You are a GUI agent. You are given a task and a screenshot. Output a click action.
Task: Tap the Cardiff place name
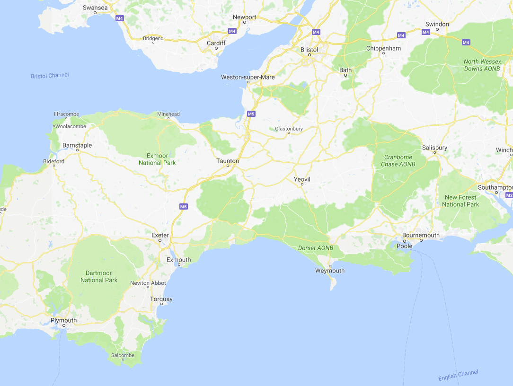point(216,43)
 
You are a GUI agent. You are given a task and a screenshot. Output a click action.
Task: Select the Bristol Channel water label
point(50,76)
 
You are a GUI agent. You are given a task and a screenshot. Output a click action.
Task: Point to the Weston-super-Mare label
point(248,77)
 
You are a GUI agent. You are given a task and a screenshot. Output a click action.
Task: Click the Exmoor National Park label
point(157,159)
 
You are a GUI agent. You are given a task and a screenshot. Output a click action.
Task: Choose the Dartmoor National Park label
point(99,277)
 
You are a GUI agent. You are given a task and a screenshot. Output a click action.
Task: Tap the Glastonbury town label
point(289,129)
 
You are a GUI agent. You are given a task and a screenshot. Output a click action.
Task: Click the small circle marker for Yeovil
point(301,184)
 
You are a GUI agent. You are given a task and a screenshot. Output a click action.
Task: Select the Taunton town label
point(228,161)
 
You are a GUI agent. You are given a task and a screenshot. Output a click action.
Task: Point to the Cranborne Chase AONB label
point(398,161)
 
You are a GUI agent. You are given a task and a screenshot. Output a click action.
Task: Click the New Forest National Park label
point(461,201)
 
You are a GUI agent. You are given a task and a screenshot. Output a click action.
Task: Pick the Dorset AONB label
point(316,248)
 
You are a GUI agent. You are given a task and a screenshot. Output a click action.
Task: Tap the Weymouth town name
point(330,271)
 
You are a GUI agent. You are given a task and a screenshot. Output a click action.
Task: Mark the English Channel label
point(458,376)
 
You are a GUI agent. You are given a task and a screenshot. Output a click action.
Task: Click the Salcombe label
point(123,355)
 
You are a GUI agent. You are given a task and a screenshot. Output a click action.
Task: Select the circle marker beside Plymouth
point(63,326)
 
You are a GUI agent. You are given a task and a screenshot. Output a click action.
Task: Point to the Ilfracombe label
point(67,114)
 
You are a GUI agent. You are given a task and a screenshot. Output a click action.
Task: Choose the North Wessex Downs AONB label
point(482,65)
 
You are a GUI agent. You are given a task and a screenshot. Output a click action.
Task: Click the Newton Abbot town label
point(148,283)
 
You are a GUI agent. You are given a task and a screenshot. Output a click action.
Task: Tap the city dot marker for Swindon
point(437,29)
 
